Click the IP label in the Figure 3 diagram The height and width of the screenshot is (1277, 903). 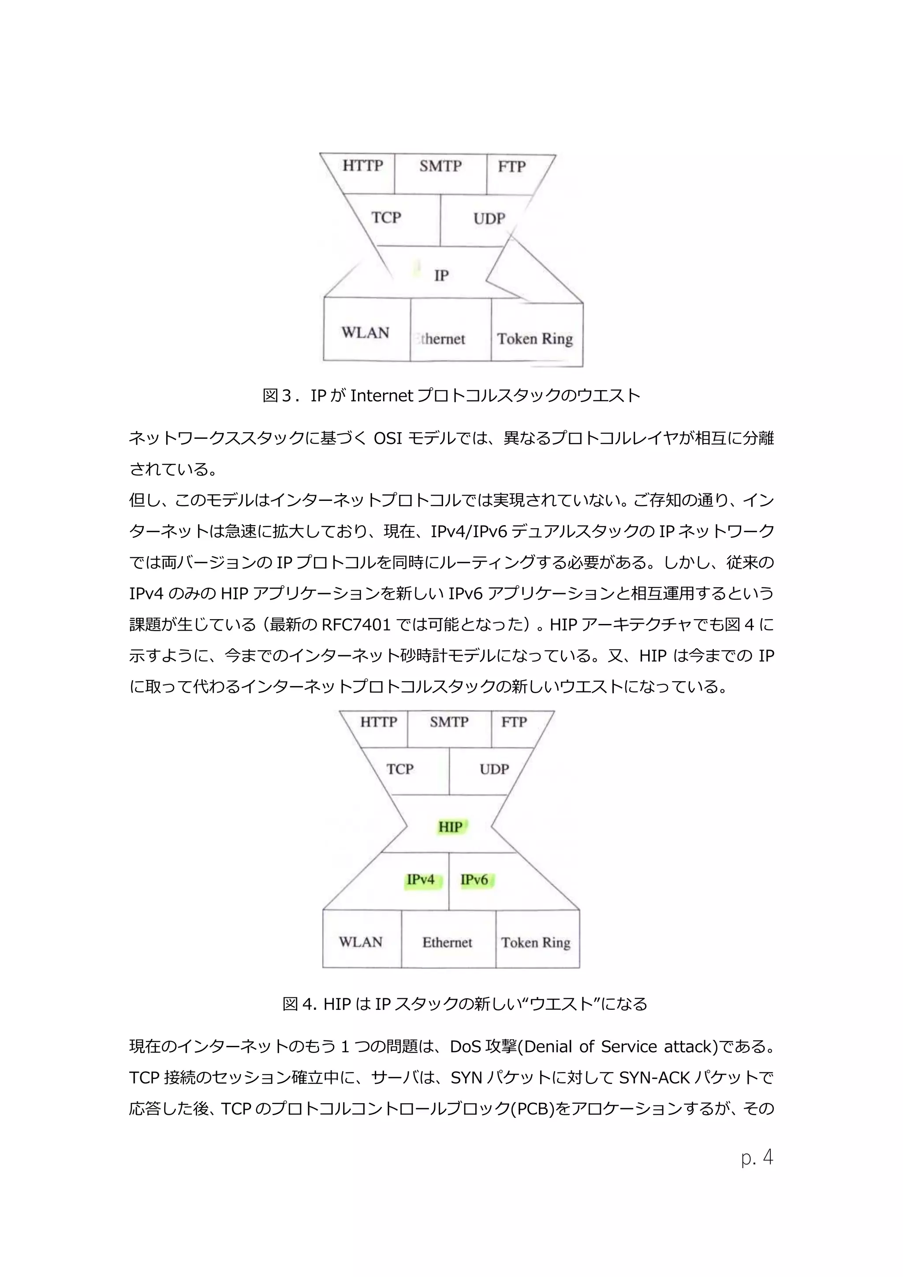441,275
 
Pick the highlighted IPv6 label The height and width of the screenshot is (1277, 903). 474,880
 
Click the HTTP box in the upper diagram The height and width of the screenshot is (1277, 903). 362,167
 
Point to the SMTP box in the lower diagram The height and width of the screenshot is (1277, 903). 449,722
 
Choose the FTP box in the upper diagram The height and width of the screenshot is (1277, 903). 511,167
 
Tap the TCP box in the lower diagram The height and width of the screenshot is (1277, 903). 400,769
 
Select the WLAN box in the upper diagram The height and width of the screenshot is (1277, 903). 366,332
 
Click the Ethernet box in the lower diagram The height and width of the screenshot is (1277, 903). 447,943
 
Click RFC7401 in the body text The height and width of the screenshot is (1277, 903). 356,625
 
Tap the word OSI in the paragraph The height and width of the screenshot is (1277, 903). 388,439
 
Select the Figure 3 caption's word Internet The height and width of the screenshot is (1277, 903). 381,396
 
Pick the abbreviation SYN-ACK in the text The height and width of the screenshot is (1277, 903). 654,1078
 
